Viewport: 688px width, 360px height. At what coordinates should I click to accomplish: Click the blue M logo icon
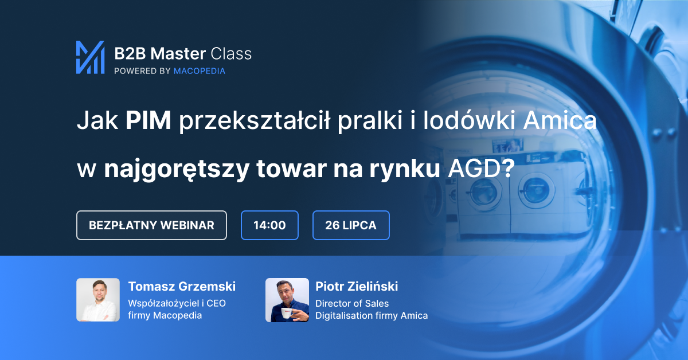tap(91, 57)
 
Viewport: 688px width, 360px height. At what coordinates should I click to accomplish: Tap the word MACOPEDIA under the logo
tap(200, 71)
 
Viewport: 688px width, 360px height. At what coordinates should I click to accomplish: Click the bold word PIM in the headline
tap(148, 120)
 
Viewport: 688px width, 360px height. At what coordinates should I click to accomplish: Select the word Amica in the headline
tap(560, 120)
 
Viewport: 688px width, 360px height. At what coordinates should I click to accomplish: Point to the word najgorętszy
tap(177, 169)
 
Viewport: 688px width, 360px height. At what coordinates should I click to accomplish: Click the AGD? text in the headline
tap(481, 169)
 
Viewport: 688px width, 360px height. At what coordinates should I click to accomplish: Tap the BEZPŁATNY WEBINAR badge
tap(151, 225)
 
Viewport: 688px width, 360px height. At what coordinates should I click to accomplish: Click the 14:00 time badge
tap(269, 225)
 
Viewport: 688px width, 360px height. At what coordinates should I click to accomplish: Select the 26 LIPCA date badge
tap(351, 225)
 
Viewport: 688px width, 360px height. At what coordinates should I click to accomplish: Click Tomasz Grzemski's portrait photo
tap(98, 300)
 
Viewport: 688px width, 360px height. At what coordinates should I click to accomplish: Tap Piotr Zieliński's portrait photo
tap(287, 300)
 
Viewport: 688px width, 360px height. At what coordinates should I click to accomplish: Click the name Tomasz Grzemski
tap(182, 286)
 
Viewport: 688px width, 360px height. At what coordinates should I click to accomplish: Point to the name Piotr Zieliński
tap(357, 286)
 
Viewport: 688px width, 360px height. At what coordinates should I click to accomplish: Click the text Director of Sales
tap(352, 303)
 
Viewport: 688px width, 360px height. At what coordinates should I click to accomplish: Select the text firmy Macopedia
tap(165, 315)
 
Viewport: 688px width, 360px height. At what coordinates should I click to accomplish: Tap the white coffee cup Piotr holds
tap(287, 313)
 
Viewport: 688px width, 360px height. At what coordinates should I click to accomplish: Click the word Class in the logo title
tap(231, 54)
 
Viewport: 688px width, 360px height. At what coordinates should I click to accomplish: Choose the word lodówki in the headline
tap(469, 120)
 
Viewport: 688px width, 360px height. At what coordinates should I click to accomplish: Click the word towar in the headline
tap(291, 169)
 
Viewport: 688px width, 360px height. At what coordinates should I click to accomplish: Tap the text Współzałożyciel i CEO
tap(177, 303)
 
